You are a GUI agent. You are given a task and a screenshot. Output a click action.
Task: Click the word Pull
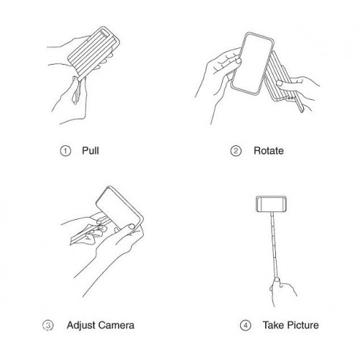pyautogui.click(x=91, y=151)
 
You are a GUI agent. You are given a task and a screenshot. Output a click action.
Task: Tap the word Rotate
pyautogui.click(x=269, y=151)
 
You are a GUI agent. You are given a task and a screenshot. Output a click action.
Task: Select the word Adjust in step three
pyautogui.click(x=80, y=326)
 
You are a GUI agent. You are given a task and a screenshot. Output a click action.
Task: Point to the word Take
pyautogui.click(x=274, y=326)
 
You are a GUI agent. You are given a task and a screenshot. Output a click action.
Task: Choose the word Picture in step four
pyautogui.click(x=303, y=326)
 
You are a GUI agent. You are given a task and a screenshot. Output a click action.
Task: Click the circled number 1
pyautogui.click(x=65, y=151)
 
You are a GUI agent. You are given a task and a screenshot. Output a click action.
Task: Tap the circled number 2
pyautogui.click(x=236, y=151)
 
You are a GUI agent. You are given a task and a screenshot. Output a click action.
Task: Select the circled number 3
pyautogui.click(x=48, y=326)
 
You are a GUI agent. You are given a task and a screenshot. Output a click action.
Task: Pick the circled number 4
pyautogui.click(x=245, y=326)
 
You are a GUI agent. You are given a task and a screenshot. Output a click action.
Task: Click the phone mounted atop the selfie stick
pyautogui.click(x=271, y=204)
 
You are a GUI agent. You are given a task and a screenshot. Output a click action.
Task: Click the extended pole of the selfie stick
pyautogui.click(x=274, y=245)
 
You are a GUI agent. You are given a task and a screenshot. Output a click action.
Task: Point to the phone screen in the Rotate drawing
pyautogui.click(x=253, y=63)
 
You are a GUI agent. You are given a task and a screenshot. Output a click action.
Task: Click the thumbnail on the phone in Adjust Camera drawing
pyautogui.click(x=131, y=226)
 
